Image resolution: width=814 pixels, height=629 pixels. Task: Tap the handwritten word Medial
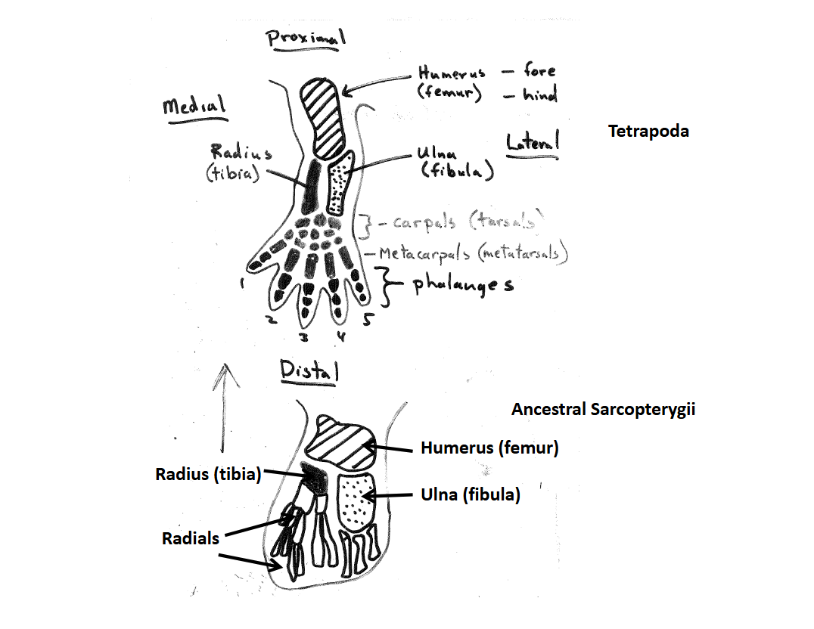pos(194,106)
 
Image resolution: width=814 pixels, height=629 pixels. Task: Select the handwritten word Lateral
pos(532,141)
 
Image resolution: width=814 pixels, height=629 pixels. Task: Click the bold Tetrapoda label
pos(648,132)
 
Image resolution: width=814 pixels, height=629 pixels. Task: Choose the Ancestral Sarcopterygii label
pos(603,410)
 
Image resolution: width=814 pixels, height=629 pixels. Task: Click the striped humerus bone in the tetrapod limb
pos(322,118)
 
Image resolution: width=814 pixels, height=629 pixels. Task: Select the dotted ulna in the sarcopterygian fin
pos(356,500)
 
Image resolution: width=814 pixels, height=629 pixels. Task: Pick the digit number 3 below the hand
pos(304,335)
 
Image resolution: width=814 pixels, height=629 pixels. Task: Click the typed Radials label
pos(190,538)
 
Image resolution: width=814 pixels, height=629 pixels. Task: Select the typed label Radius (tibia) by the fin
pos(208,474)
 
